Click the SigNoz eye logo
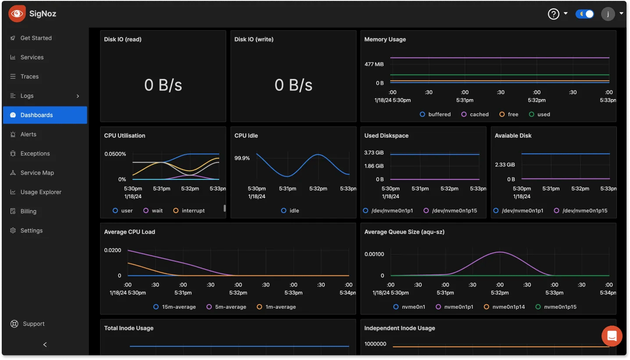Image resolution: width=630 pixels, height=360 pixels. tap(17, 14)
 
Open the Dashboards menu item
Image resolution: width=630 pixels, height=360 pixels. tap(36, 115)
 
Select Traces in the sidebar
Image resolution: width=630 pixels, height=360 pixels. tap(29, 76)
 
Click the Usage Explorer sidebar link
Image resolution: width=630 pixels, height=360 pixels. tap(41, 192)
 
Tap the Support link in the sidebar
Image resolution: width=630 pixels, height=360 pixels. tap(33, 324)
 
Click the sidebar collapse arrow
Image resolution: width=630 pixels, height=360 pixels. tap(45, 345)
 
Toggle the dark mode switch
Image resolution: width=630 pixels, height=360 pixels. tap(585, 14)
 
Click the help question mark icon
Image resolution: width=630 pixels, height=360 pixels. tap(554, 14)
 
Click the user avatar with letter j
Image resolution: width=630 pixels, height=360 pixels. tap(608, 14)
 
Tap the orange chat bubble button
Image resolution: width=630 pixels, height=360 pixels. tap(612, 336)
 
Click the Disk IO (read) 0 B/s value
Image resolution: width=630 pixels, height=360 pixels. tap(163, 85)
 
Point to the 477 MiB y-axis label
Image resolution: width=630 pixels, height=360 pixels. tap(374, 64)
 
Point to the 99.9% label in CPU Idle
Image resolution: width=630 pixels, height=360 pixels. tap(242, 158)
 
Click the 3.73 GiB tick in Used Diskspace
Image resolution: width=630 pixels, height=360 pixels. tap(374, 153)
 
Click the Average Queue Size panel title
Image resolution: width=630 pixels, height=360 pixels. tap(404, 232)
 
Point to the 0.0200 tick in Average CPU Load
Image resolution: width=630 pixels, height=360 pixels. tap(113, 250)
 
